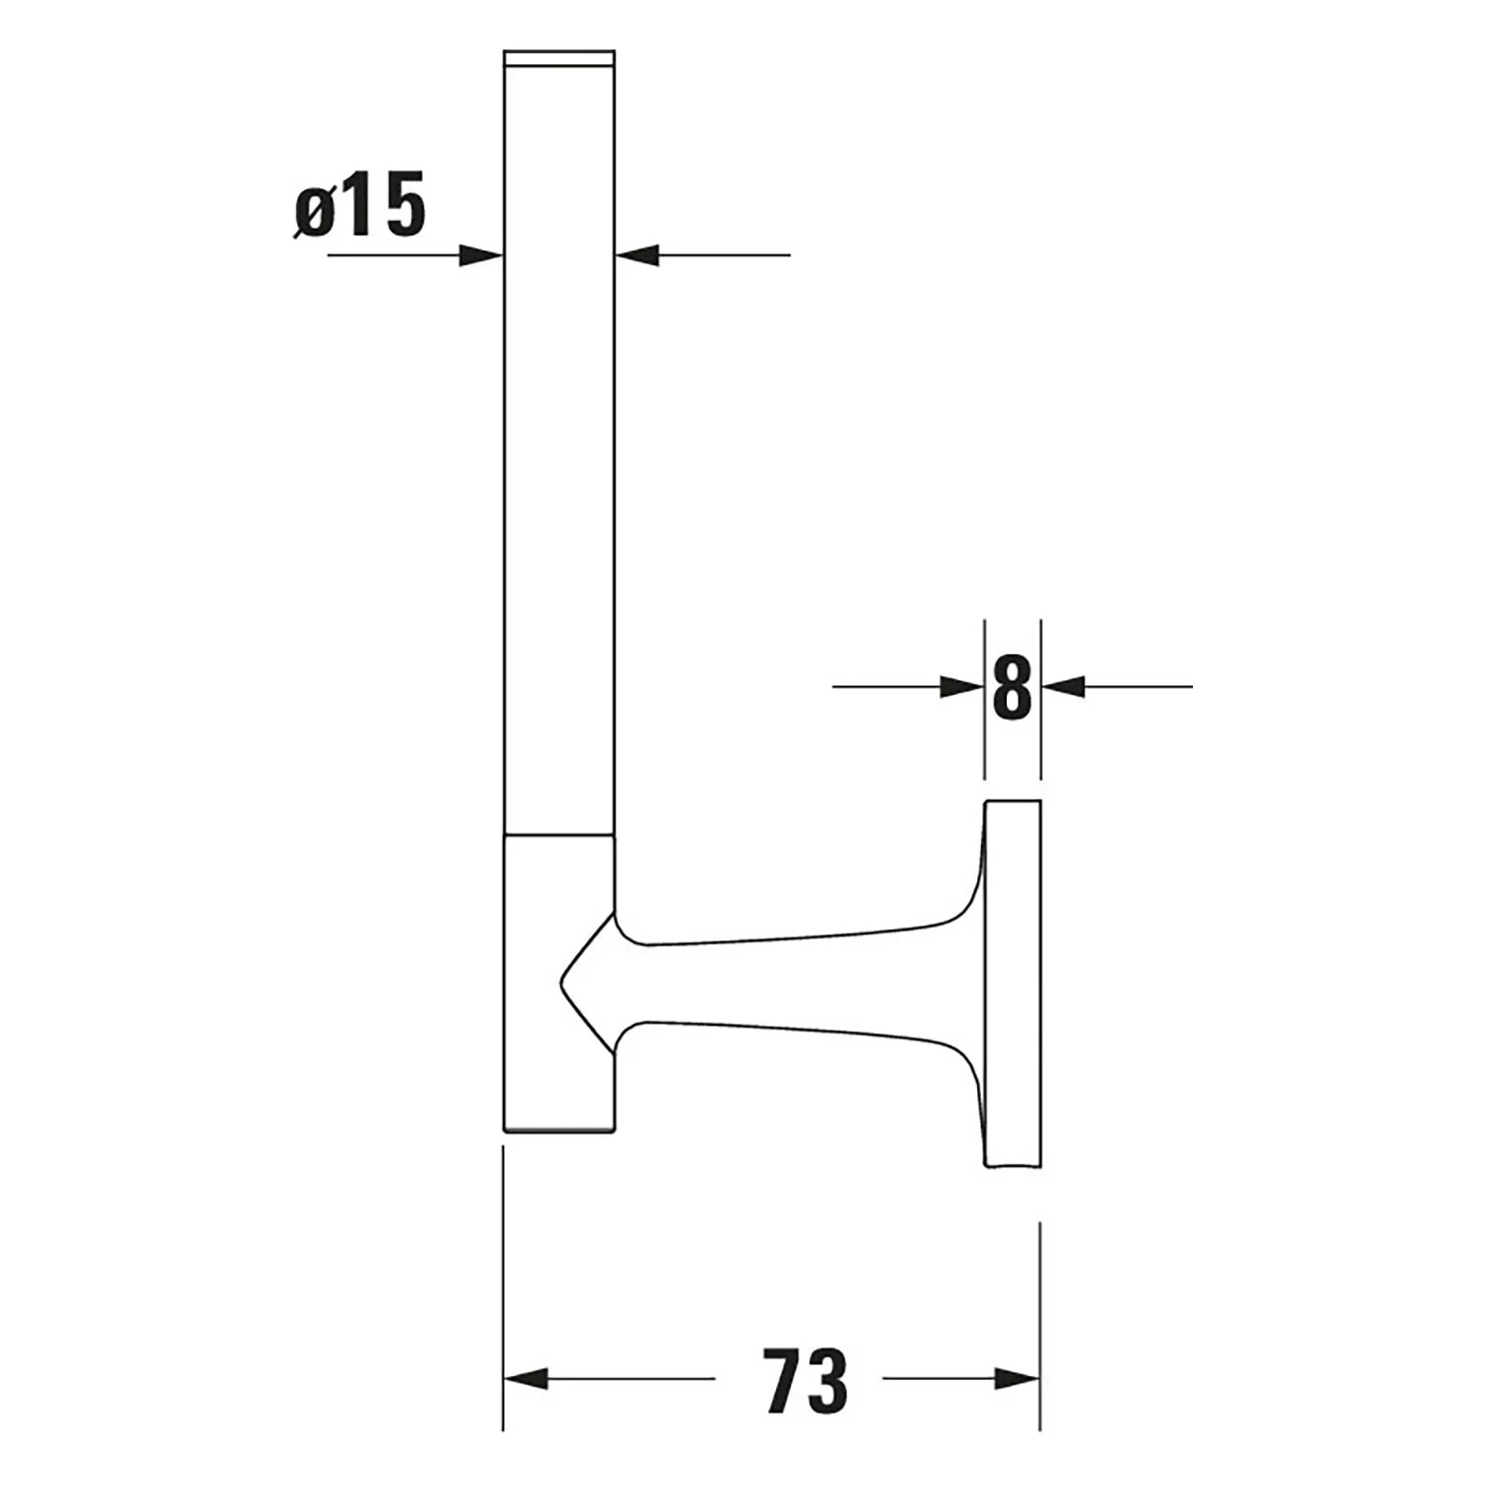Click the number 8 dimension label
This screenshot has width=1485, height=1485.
1012,686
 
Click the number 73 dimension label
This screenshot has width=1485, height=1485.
806,1378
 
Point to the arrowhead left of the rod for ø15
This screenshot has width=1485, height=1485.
481,255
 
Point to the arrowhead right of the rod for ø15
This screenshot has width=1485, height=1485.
637,255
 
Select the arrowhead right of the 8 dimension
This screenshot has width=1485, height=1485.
1063,686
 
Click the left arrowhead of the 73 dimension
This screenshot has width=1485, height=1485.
526,1378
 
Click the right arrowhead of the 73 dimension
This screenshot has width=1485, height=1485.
1018,1378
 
